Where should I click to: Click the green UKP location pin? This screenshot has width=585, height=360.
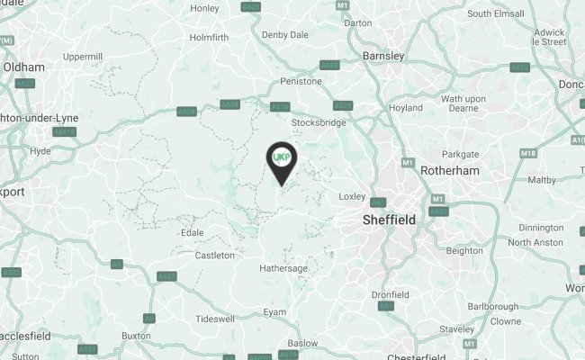tap(282, 159)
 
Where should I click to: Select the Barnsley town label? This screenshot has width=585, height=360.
tap(382, 56)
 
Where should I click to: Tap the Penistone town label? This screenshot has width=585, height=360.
tap(301, 81)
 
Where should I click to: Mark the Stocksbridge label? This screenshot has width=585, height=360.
tap(319, 122)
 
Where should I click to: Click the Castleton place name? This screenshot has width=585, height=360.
tap(215, 256)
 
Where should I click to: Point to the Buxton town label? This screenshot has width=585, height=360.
tap(136, 336)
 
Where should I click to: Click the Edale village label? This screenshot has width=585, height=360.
tap(192, 232)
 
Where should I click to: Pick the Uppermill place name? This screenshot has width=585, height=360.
tap(83, 57)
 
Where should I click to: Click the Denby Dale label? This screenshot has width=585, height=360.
tap(283, 34)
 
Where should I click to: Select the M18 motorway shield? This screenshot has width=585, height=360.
tap(529, 155)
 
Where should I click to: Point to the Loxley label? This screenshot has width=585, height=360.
tap(352, 195)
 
